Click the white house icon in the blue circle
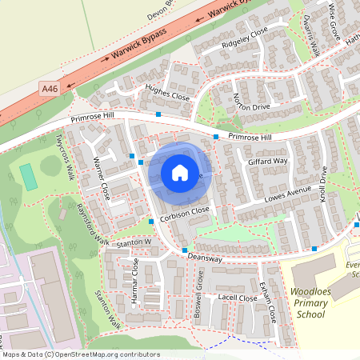[x=180, y=172]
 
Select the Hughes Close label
[x=166, y=92]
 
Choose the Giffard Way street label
[x=267, y=161]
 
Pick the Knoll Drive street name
[x=323, y=183]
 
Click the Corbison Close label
[x=184, y=214]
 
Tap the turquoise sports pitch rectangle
[x=30, y=177]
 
